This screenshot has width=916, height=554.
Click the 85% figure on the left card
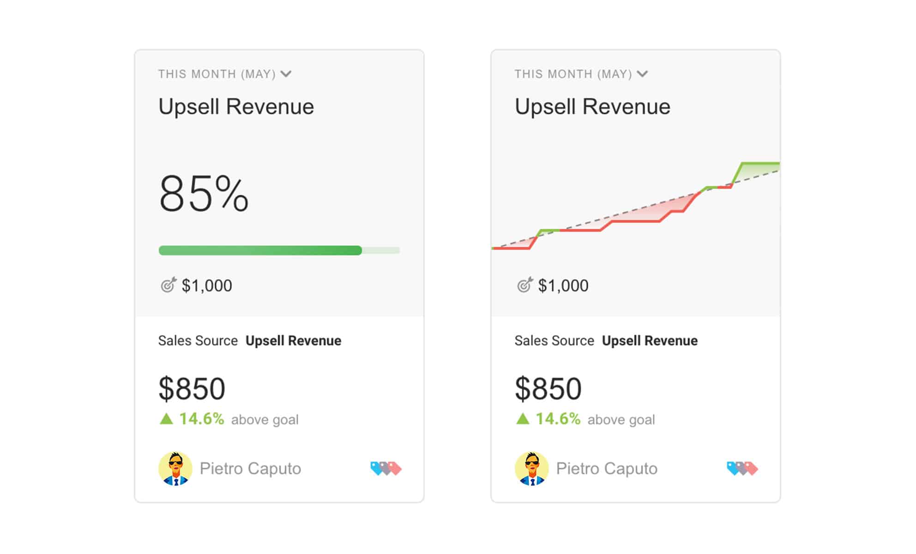[x=204, y=194]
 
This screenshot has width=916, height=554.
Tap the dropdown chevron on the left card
[x=286, y=74]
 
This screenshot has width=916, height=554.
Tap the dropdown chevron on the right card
[x=642, y=74]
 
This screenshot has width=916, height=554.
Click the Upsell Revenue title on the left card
[x=236, y=107]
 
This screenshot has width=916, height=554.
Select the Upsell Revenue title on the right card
[x=592, y=107]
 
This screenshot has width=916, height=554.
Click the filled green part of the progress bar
[x=260, y=250]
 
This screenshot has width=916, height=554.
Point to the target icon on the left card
[x=168, y=285]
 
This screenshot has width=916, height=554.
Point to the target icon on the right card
[x=524, y=285]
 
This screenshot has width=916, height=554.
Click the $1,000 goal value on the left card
[x=207, y=286]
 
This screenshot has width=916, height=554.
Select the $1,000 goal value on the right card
[x=563, y=286]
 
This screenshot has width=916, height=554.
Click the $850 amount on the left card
[x=192, y=389]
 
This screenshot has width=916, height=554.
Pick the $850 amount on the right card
[x=548, y=389]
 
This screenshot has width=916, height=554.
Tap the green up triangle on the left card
[x=166, y=419]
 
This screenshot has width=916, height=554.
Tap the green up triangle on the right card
[x=523, y=419]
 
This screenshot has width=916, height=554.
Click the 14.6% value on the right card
[x=558, y=419]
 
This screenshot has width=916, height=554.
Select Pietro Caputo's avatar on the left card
[x=175, y=469]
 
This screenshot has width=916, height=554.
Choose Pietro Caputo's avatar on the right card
[x=532, y=469]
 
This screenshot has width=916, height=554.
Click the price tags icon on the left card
[x=386, y=469]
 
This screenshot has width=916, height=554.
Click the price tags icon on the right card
[x=742, y=469]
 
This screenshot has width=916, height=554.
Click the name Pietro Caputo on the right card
[x=607, y=469]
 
